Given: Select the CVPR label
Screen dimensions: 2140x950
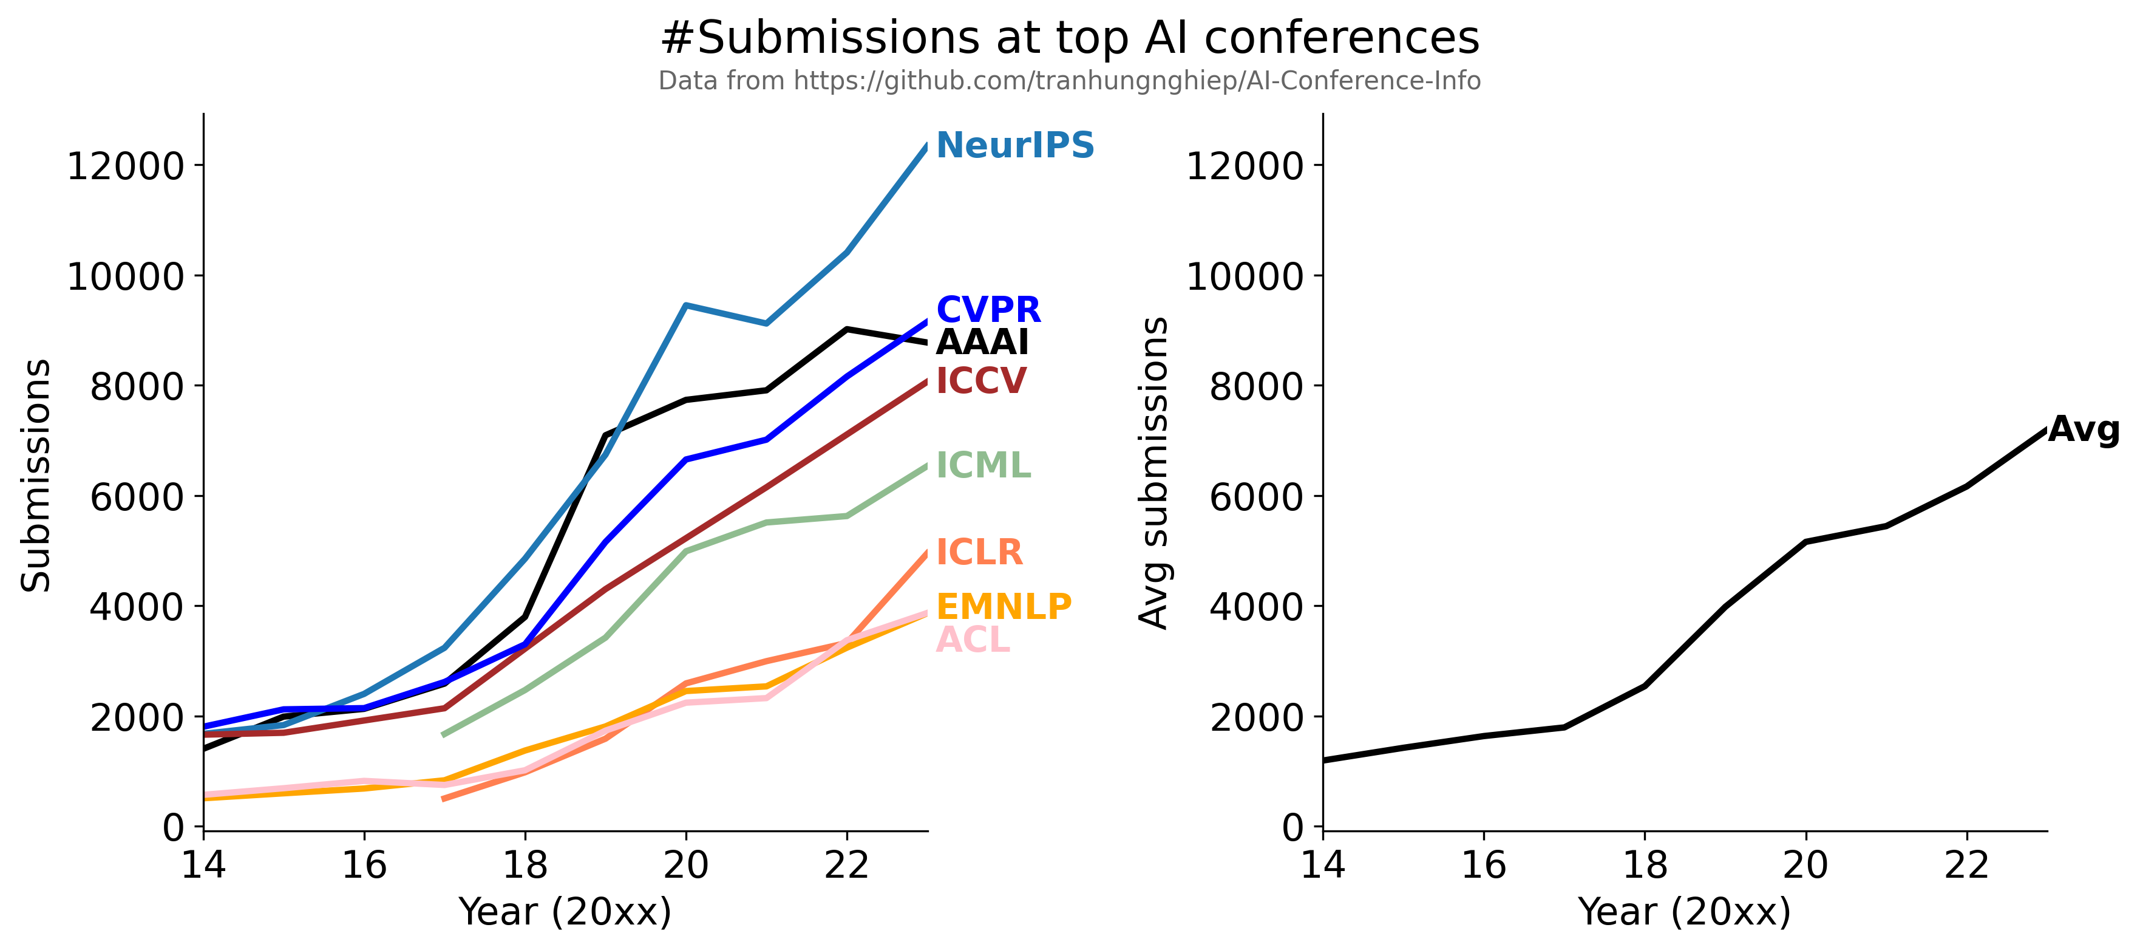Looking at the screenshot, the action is (988, 310).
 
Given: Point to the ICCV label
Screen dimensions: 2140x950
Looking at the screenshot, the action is (981, 381).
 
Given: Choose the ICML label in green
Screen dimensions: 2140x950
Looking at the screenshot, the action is (983, 465).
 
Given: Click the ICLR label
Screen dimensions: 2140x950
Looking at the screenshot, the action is (979, 553).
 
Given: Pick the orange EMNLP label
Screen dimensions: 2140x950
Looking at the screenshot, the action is (1004, 607).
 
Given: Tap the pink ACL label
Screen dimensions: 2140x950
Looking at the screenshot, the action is (973, 640).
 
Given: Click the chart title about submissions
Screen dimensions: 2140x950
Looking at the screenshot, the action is (1070, 38).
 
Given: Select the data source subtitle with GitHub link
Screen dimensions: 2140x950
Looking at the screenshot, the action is (1070, 81).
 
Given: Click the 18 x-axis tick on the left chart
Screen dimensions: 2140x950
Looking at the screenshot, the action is (525, 865).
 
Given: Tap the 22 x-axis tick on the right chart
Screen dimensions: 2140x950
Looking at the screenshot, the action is (1967, 865).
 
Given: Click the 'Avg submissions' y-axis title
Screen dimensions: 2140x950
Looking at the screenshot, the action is (1154, 472).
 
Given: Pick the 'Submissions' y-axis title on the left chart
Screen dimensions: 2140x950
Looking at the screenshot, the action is (36, 476).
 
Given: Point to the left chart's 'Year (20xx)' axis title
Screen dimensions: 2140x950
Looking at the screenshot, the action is (565, 912).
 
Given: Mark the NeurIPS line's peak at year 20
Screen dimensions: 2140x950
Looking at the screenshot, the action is (685, 305).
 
